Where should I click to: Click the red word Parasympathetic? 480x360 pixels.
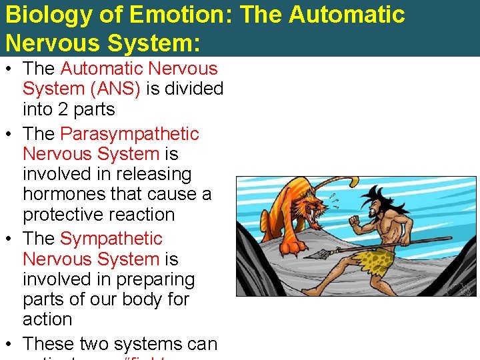pos(129,134)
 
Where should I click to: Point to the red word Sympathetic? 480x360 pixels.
pos(111,239)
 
